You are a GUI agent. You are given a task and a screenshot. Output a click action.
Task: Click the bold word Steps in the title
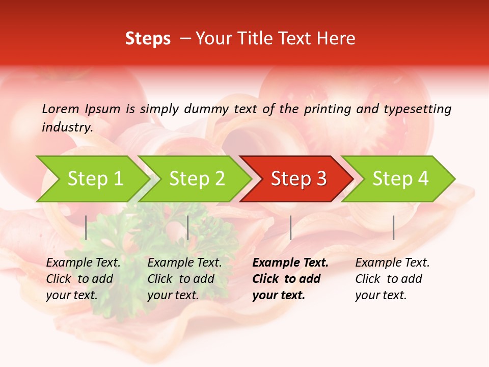pyautogui.click(x=148, y=39)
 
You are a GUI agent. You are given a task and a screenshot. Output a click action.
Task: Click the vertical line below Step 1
pyautogui.click(x=86, y=227)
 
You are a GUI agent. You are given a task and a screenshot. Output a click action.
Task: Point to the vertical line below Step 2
pyautogui.click(x=188, y=227)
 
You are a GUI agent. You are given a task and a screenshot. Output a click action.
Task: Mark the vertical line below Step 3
pyautogui.click(x=290, y=227)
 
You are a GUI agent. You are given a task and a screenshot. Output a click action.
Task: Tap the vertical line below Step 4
pyautogui.click(x=393, y=227)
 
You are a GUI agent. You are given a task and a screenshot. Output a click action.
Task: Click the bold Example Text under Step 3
pyautogui.click(x=290, y=263)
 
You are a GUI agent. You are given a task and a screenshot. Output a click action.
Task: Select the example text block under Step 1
pyautogui.click(x=83, y=279)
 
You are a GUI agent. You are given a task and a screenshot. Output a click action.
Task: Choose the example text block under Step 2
pyautogui.click(x=184, y=279)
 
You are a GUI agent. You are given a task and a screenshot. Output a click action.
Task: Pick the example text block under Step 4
pyautogui.click(x=392, y=279)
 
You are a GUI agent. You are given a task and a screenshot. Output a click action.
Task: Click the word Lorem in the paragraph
pyautogui.click(x=61, y=109)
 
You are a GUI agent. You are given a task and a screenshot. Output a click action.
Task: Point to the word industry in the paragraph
pyautogui.click(x=67, y=127)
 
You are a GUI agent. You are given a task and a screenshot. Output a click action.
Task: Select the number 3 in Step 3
pyautogui.click(x=320, y=179)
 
